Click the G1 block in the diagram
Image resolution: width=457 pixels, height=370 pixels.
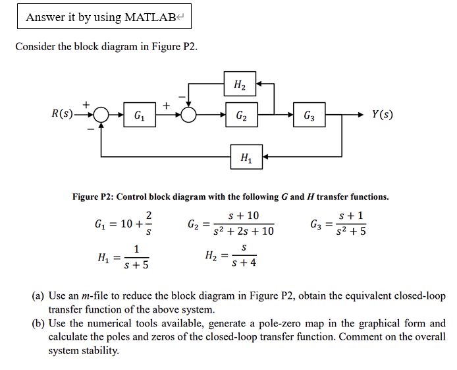140,115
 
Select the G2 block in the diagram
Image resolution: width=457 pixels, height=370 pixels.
241,115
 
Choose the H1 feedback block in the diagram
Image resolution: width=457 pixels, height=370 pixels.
246,156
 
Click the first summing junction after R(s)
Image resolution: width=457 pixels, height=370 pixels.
100,115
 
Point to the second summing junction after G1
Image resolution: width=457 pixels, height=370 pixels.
190,115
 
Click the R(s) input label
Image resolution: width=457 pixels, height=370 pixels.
63,113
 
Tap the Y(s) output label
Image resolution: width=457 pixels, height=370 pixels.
383,113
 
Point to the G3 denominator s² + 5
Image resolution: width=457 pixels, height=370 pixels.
352,231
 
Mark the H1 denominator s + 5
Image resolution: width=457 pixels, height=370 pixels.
136,266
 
